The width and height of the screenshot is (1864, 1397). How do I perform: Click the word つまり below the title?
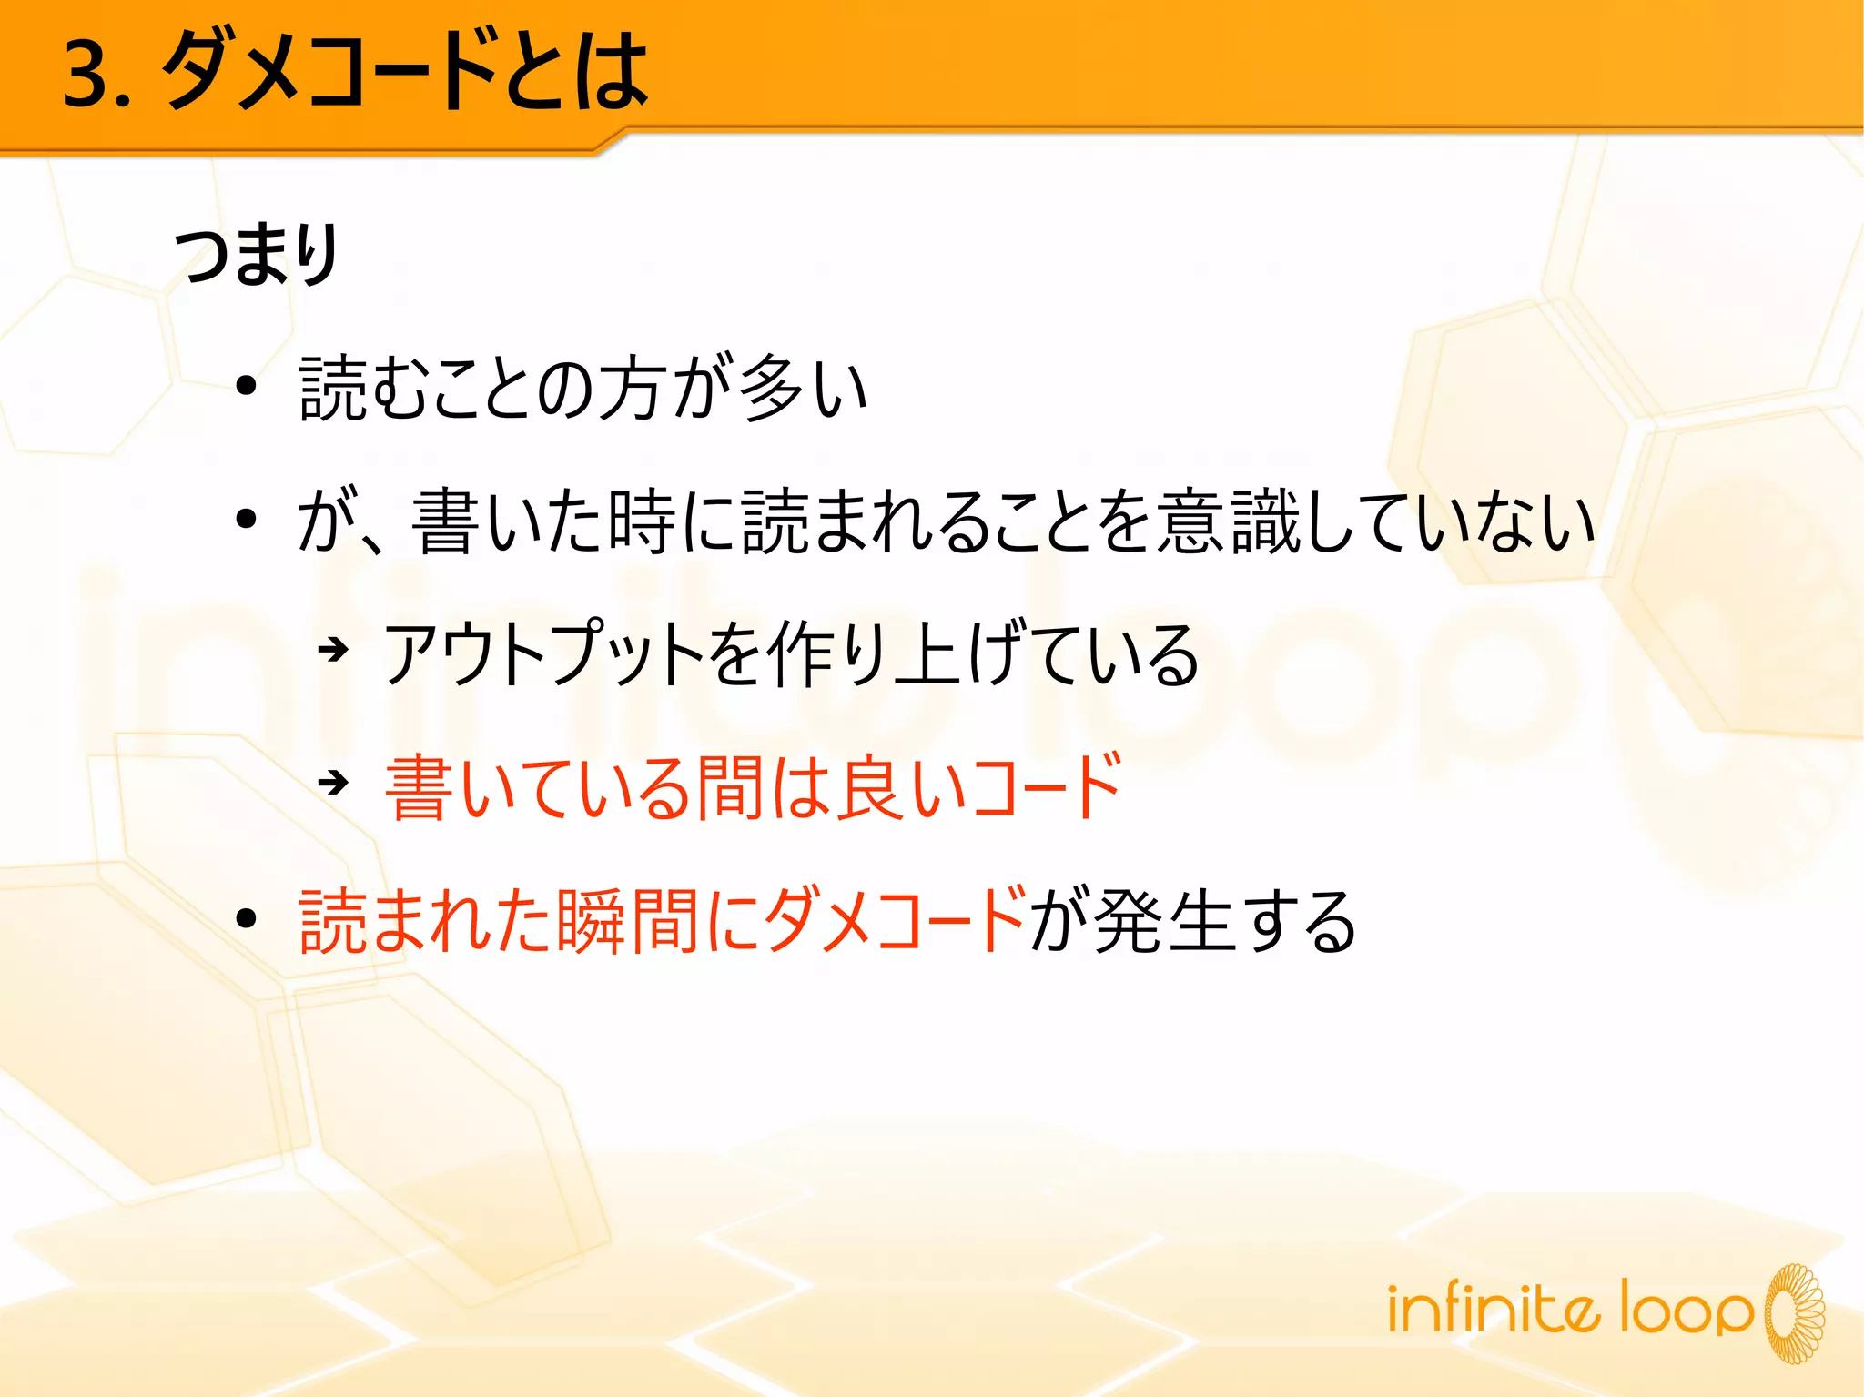click(257, 255)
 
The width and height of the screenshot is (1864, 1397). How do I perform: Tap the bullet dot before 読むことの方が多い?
click(246, 386)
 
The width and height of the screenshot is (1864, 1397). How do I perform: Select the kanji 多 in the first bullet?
click(770, 388)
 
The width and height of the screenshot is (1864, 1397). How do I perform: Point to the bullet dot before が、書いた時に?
click(246, 520)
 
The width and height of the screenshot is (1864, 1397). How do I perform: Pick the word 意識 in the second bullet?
click(1229, 521)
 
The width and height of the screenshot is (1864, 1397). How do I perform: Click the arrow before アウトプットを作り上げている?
click(333, 650)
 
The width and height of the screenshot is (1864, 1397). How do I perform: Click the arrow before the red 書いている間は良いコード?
click(333, 782)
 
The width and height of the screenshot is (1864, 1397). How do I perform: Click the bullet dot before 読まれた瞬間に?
click(246, 918)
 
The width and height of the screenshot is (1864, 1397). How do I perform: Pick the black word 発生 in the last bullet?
click(1167, 921)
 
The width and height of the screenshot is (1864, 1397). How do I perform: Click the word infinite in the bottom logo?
click(1493, 1309)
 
